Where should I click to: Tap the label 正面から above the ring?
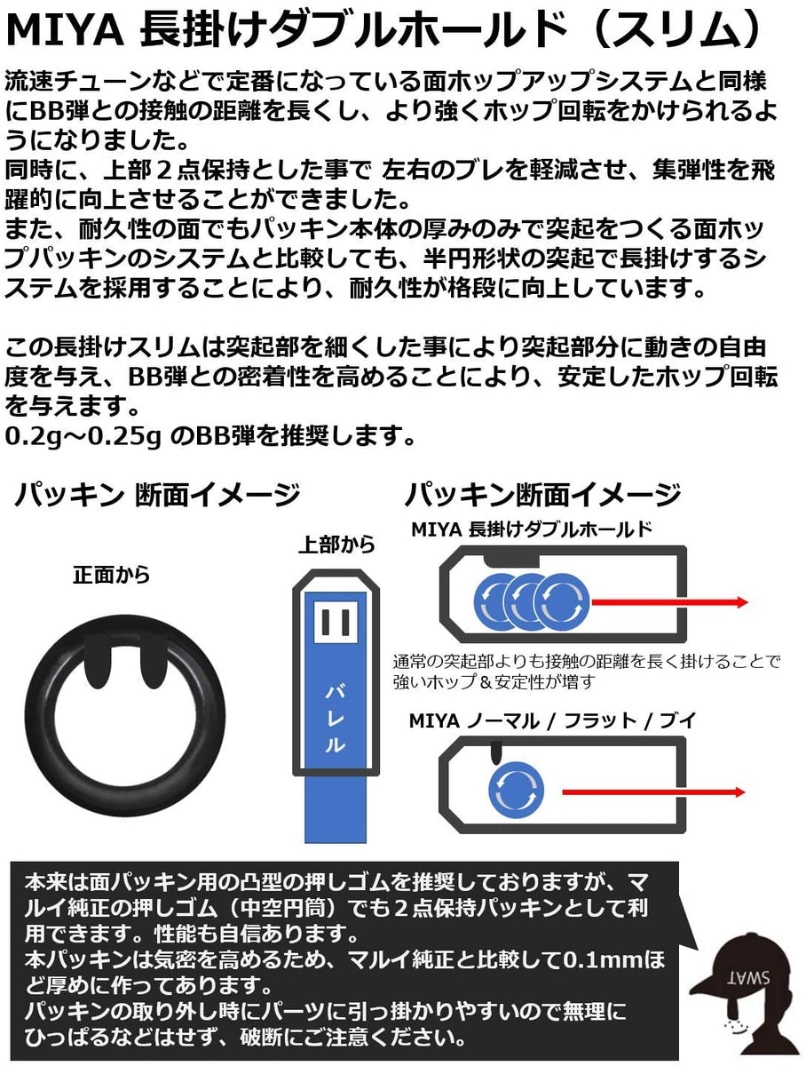tap(111, 575)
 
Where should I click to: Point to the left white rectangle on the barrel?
tap(326, 622)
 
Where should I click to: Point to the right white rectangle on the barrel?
tap(345, 622)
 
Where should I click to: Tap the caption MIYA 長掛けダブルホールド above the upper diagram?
tap(532, 530)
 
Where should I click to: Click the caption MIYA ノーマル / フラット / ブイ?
tap(551, 720)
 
